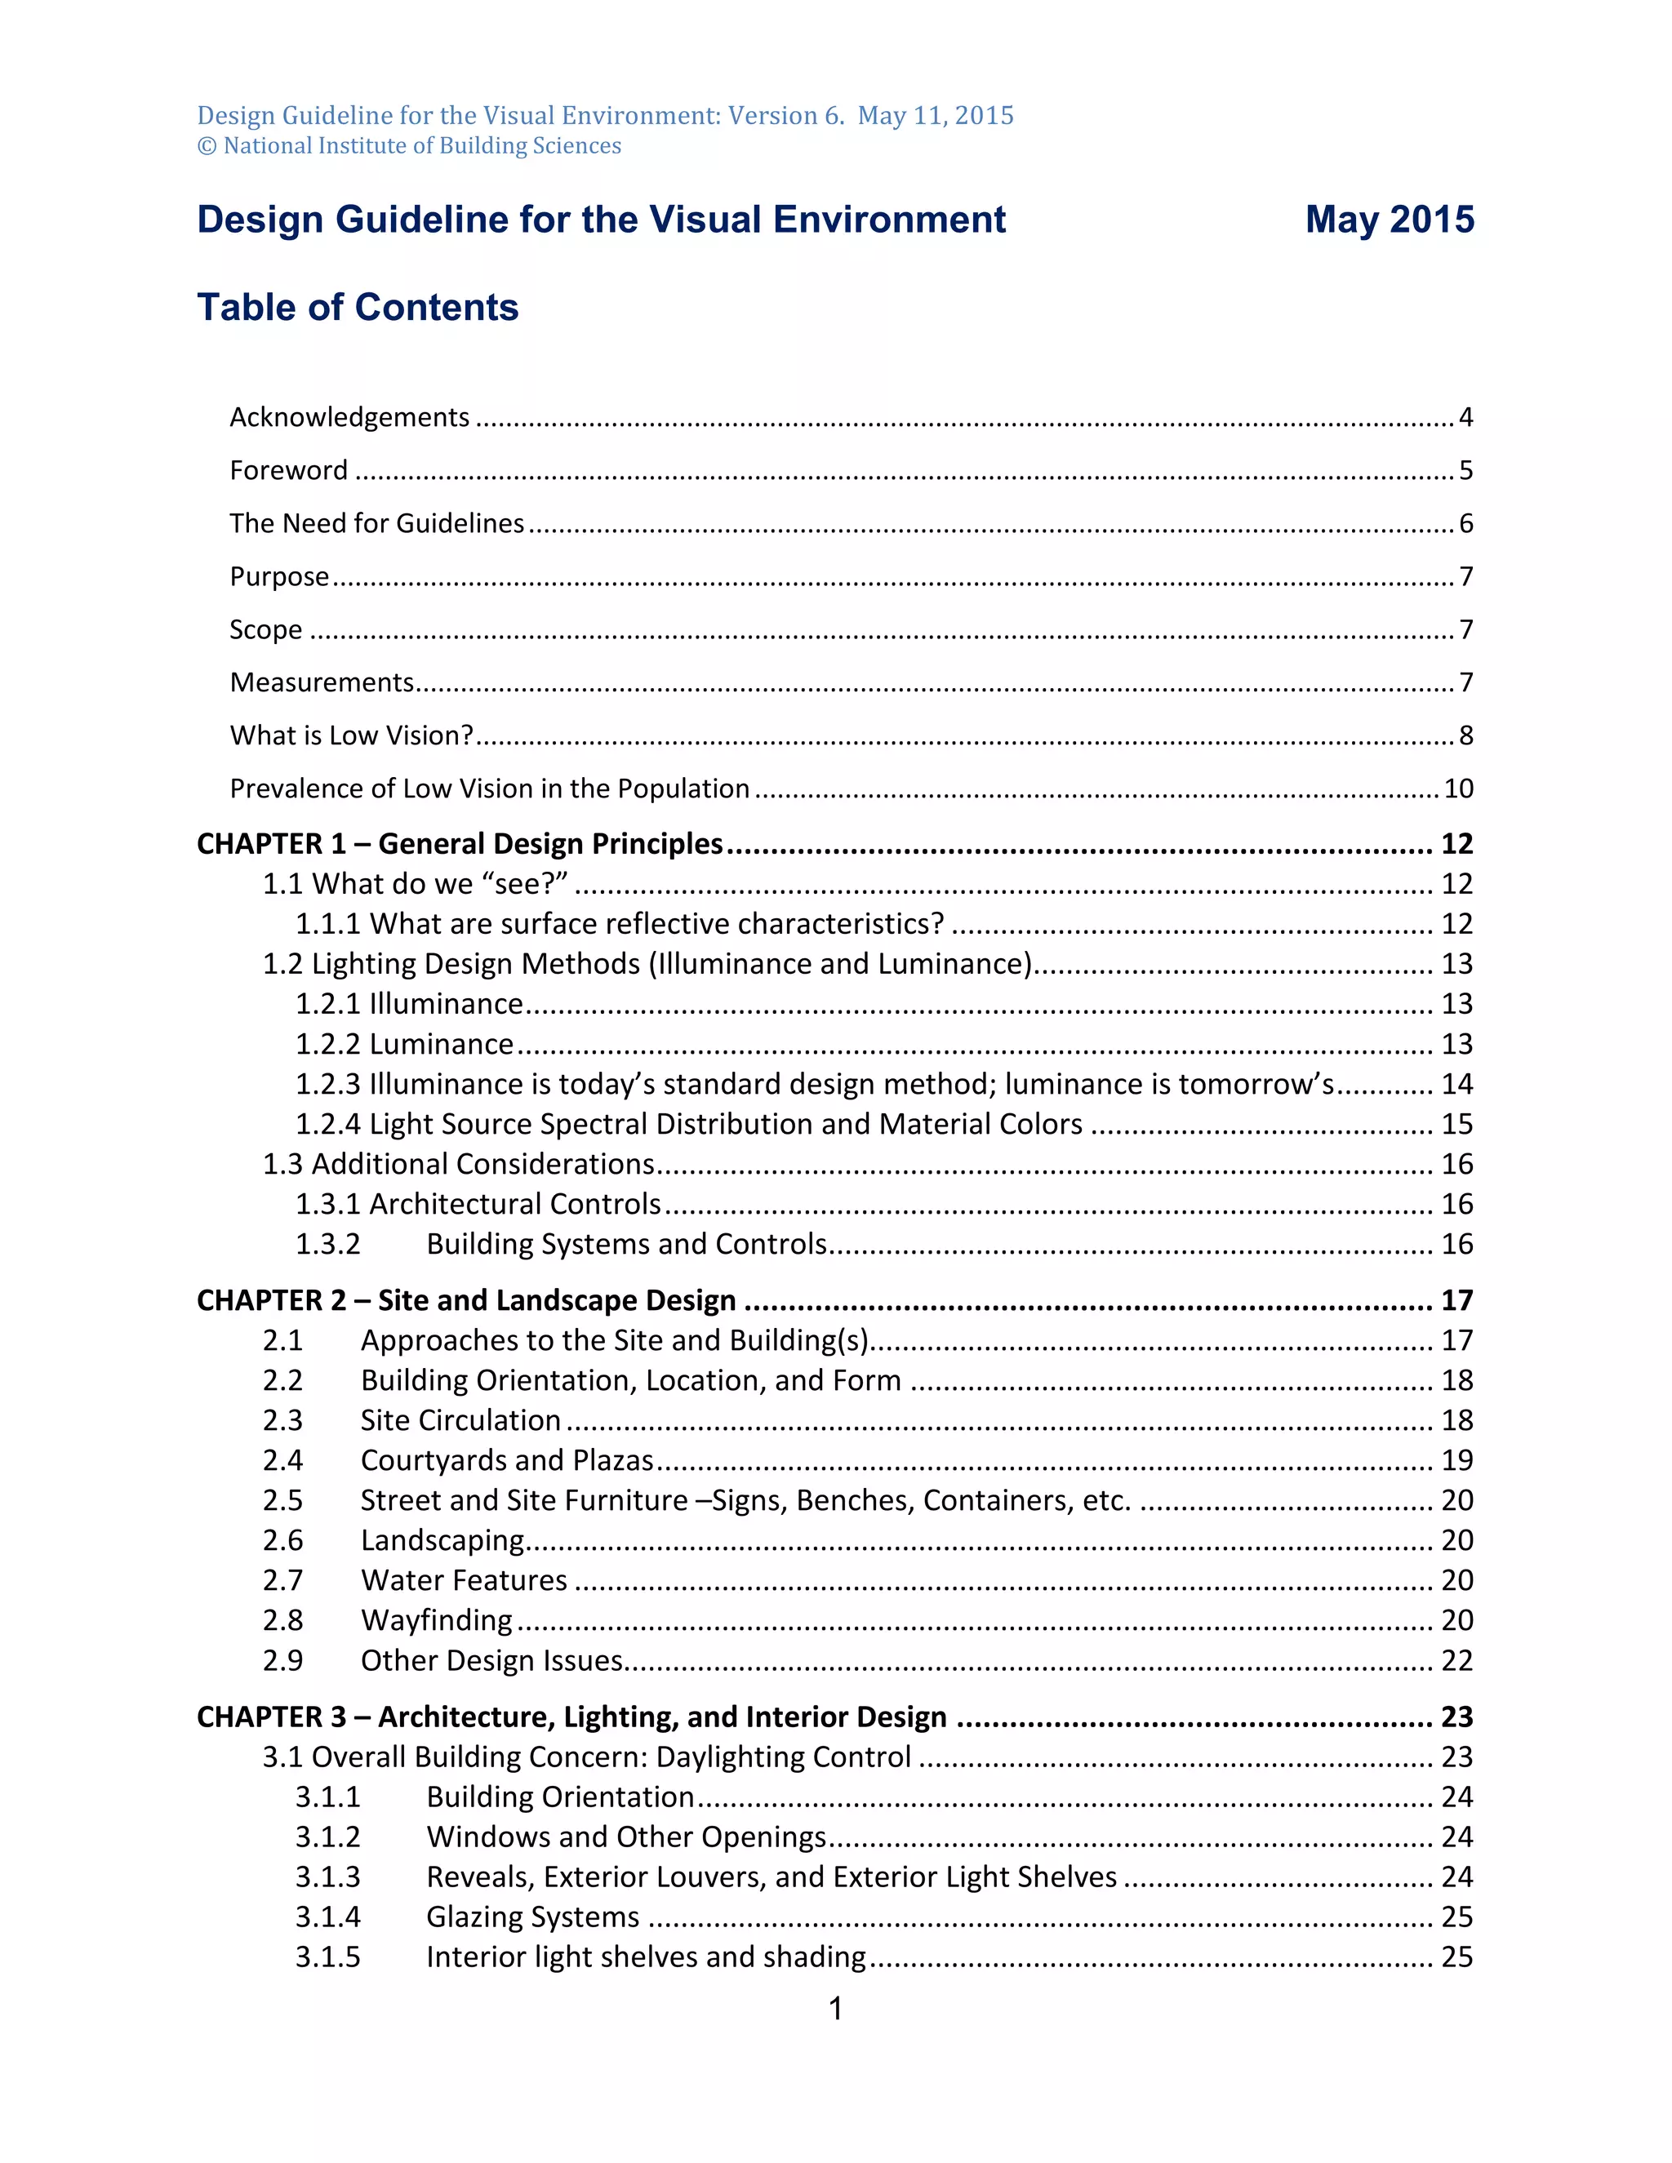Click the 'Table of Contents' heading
pos(358,307)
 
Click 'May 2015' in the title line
pos(1389,219)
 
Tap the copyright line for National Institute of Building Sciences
pos(409,147)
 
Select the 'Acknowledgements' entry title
pos(349,417)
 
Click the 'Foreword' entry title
pos(288,470)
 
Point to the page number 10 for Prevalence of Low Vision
pos(1458,788)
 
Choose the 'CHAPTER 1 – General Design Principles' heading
pos(460,844)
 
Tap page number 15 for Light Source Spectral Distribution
pos(1457,1124)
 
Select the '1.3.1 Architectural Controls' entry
pos(478,1203)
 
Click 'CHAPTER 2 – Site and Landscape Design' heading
pos(466,1300)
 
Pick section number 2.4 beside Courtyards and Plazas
pos(282,1460)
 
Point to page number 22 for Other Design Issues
pos(1457,1660)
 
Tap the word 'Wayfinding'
pos(437,1620)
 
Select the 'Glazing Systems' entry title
pos(533,1916)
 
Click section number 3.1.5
pos(328,1957)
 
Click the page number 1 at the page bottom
pos(836,2009)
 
